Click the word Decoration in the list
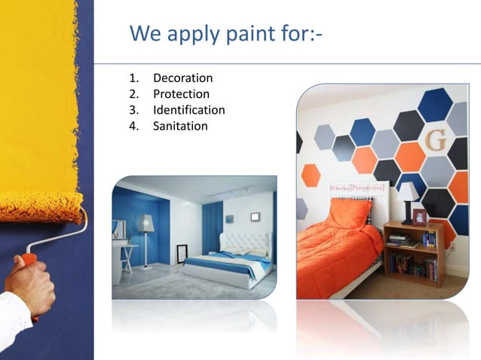[182, 78]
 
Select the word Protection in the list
[181, 94]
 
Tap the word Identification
[188, 110]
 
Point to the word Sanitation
[180, 126]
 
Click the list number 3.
[133, 110]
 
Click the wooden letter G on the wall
[436, 140]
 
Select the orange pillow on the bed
[349, 213]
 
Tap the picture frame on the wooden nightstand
[420, 217]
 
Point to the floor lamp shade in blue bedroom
[146, 223]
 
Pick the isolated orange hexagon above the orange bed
[311, 175]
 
